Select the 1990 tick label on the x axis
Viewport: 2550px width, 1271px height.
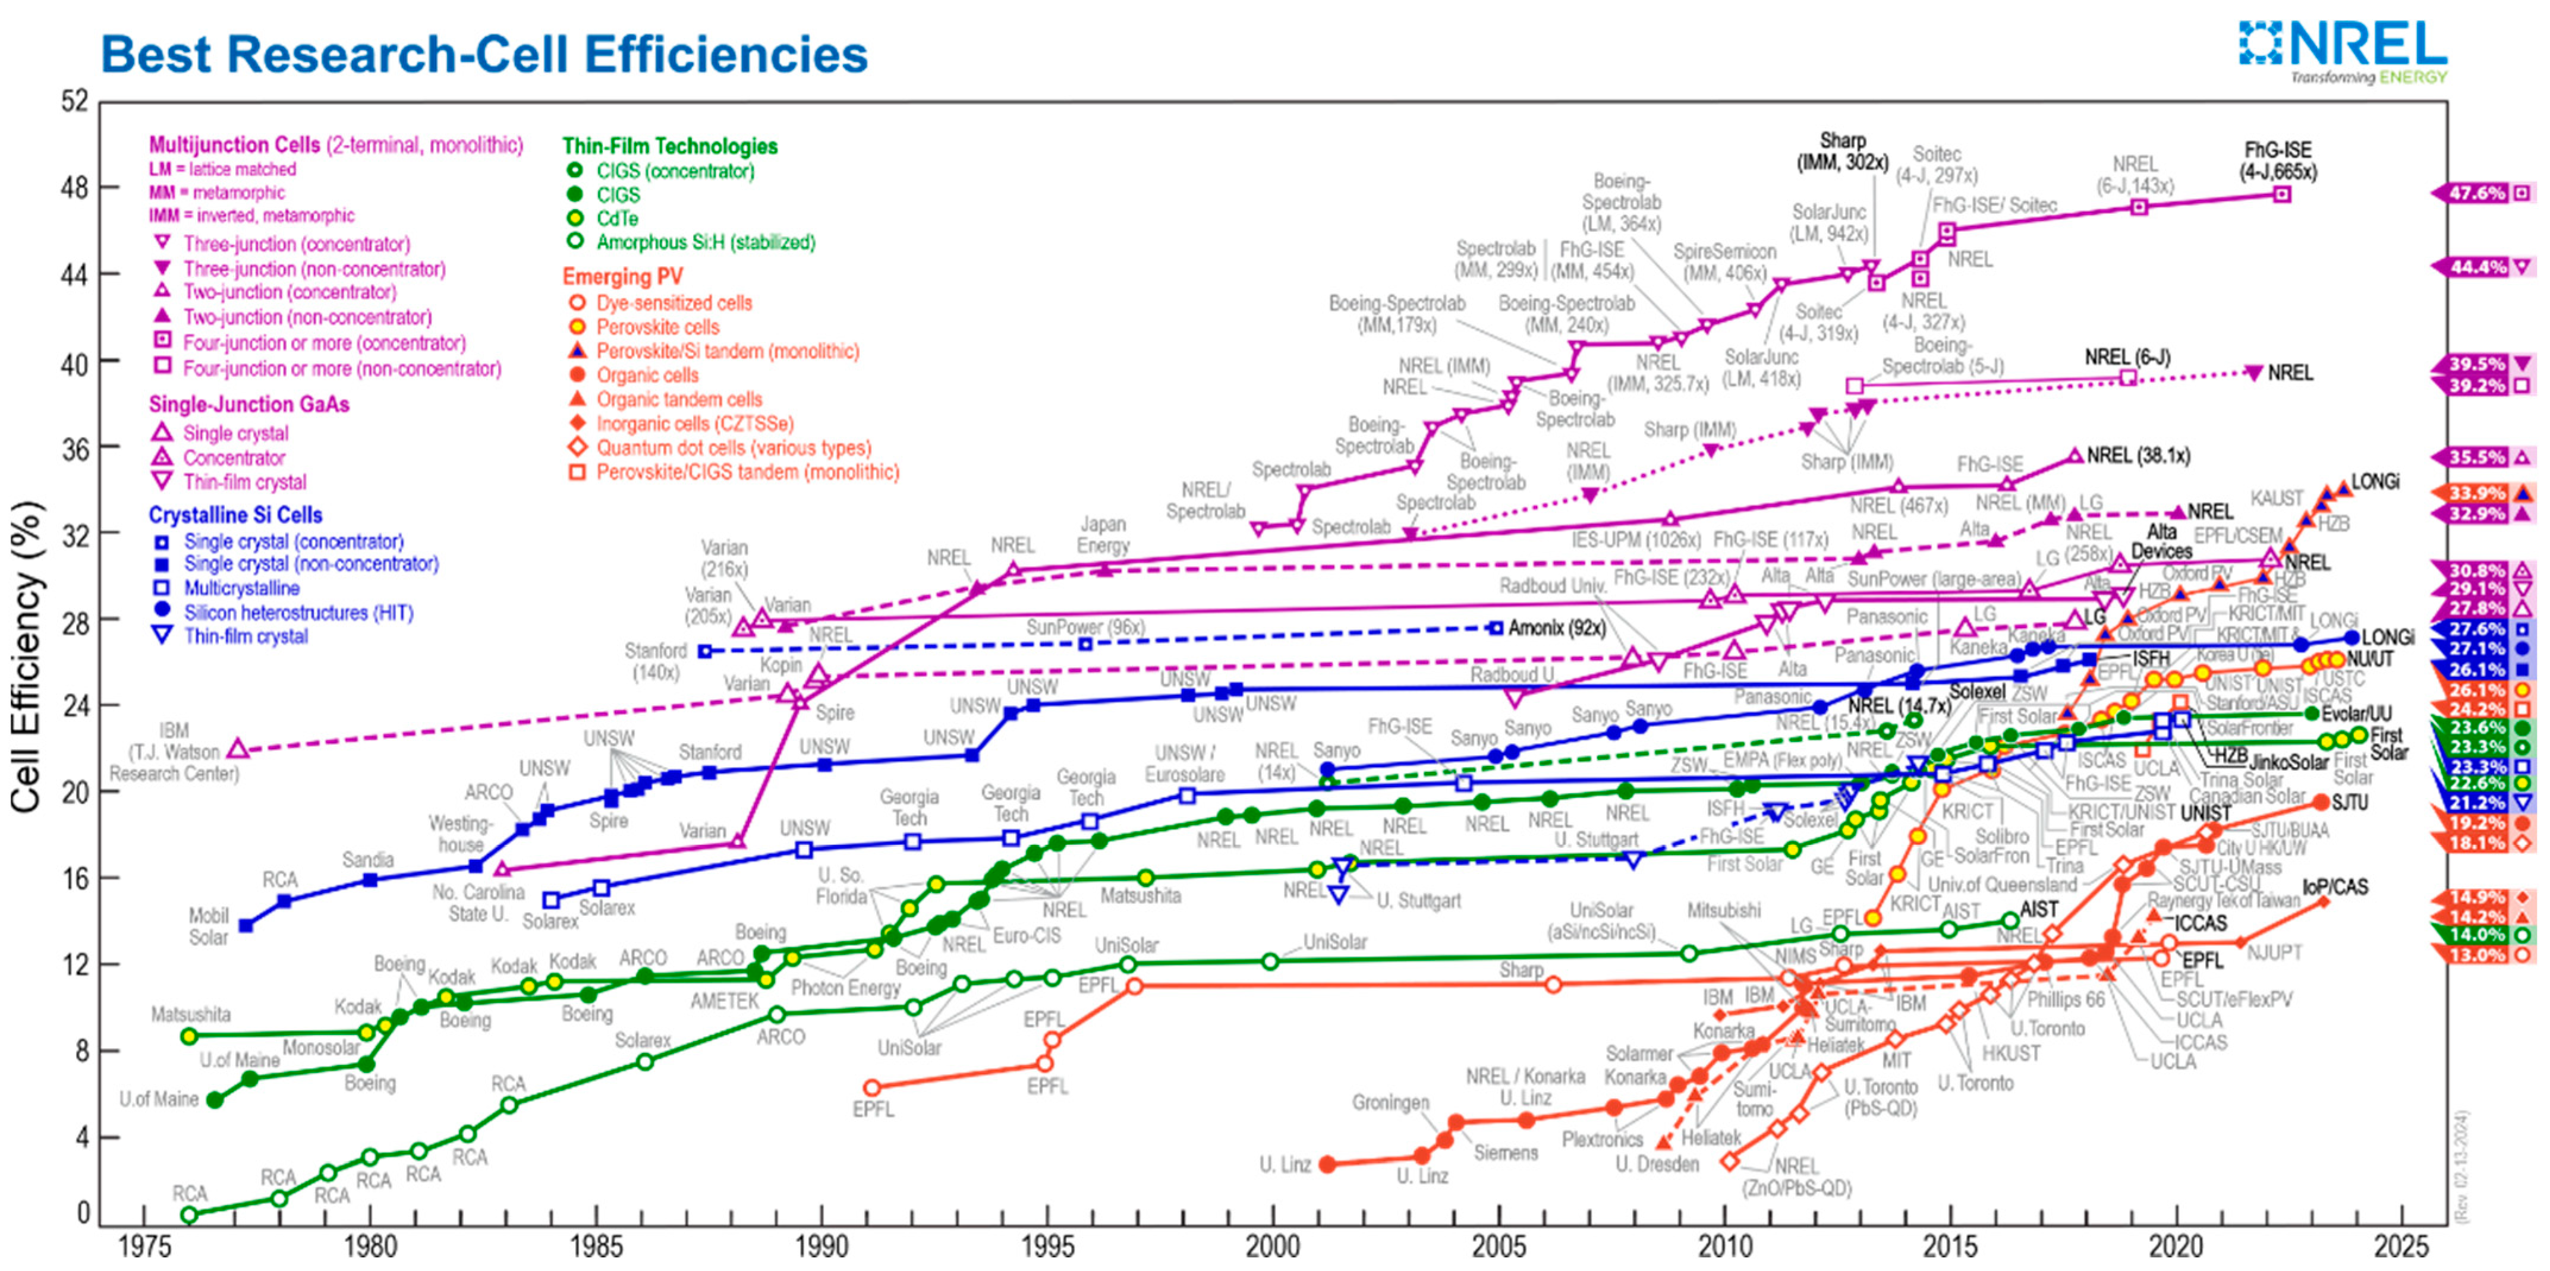coord(821,1245)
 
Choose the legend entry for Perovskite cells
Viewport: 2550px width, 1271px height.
coord(657,327)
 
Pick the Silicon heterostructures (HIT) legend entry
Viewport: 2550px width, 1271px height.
coord(298,613)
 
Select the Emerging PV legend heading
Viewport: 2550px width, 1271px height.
coord(623,276)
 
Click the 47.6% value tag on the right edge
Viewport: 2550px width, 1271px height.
coord(2477,193)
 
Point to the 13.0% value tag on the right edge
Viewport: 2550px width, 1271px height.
coord(2477,955)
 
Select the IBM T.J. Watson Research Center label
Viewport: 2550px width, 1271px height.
coord(174,752)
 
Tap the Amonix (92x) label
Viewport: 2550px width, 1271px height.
coord(1557,627)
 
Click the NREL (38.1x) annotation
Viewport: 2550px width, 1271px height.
coord(2138,455)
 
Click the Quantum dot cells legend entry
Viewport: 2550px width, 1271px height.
coord(732,447)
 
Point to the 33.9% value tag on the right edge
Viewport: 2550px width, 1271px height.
coord(2477,493)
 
